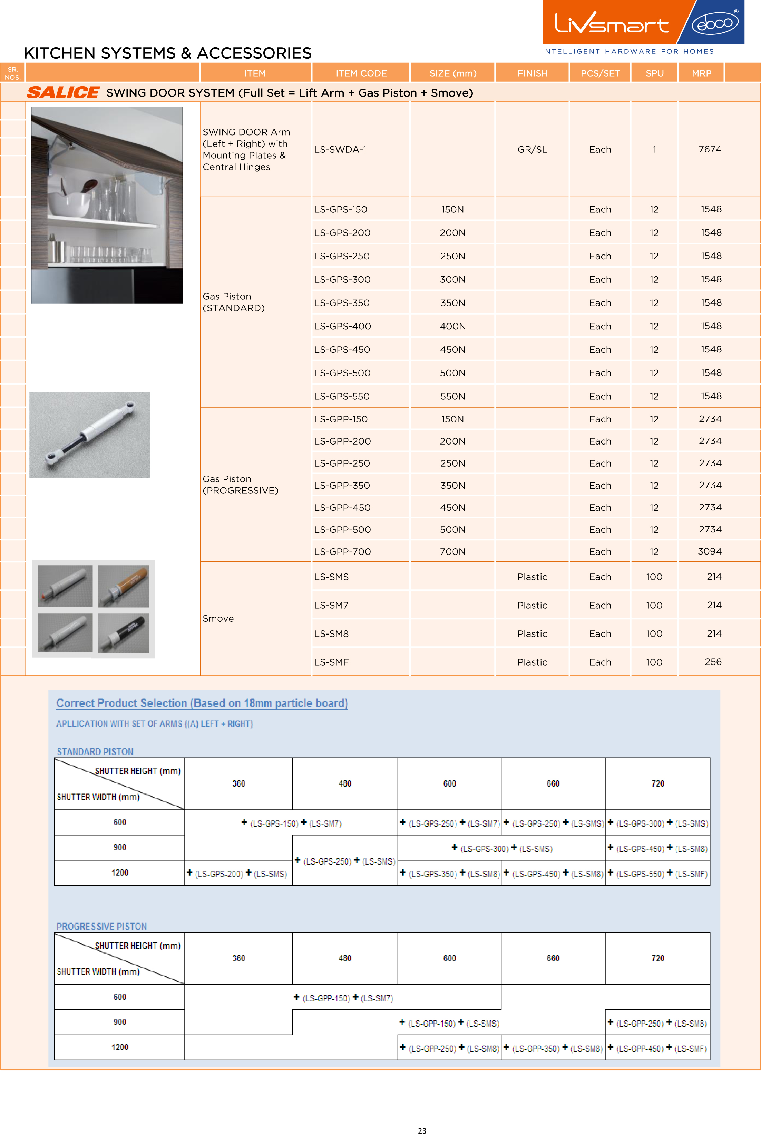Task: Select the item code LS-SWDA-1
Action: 340,149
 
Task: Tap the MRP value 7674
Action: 710,149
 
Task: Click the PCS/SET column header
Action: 600,73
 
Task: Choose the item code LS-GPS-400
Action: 342,326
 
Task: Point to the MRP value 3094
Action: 710,551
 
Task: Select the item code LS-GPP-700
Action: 342,552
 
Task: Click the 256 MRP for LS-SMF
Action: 712,662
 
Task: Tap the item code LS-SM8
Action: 331,634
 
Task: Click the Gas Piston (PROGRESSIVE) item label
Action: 240,485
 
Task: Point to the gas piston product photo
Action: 89,435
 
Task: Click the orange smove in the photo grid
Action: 124,586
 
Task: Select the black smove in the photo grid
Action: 124,633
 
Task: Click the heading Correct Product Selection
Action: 202,703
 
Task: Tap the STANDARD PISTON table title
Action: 95,751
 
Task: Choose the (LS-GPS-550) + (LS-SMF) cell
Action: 657,873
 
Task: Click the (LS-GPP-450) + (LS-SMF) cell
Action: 657,1048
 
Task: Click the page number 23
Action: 422,1130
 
